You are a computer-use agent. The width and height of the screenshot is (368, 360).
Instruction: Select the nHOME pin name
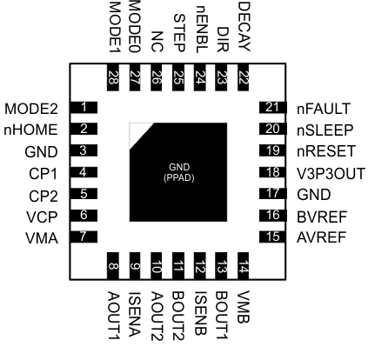tap(30, 130)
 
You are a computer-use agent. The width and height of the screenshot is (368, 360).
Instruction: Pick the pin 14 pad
tap(244, 266)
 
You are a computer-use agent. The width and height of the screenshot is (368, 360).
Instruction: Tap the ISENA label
tap(134, 307)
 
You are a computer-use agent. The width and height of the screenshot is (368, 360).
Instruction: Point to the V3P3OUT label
tap(331, 172)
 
